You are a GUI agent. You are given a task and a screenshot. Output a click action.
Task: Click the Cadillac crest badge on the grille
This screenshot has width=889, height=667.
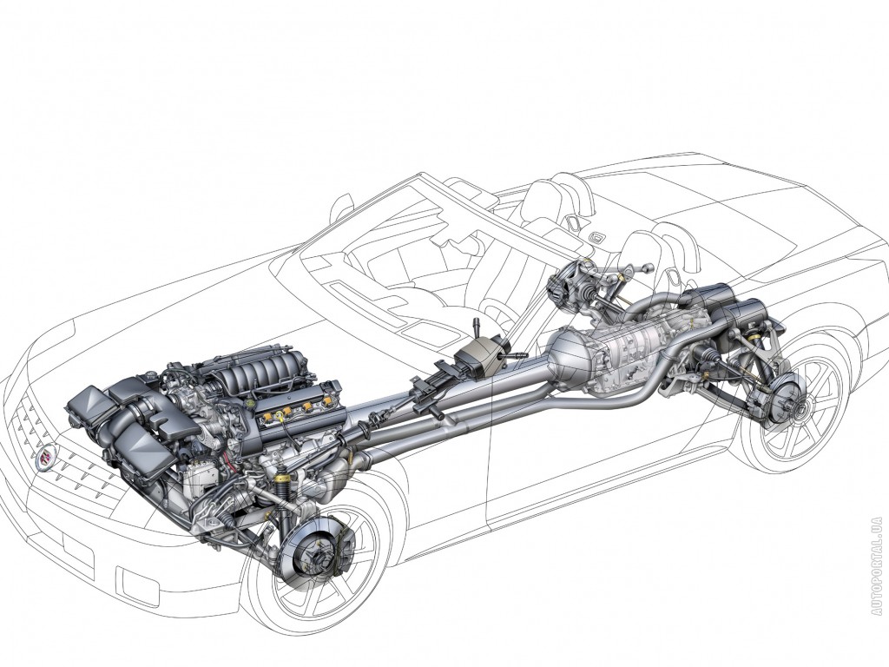(x=44, y=453)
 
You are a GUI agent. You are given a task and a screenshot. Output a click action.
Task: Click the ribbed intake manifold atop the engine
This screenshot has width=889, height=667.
(x=260, y=377)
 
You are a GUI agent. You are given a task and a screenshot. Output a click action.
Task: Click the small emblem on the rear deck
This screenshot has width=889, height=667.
(x=596, y=237)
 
